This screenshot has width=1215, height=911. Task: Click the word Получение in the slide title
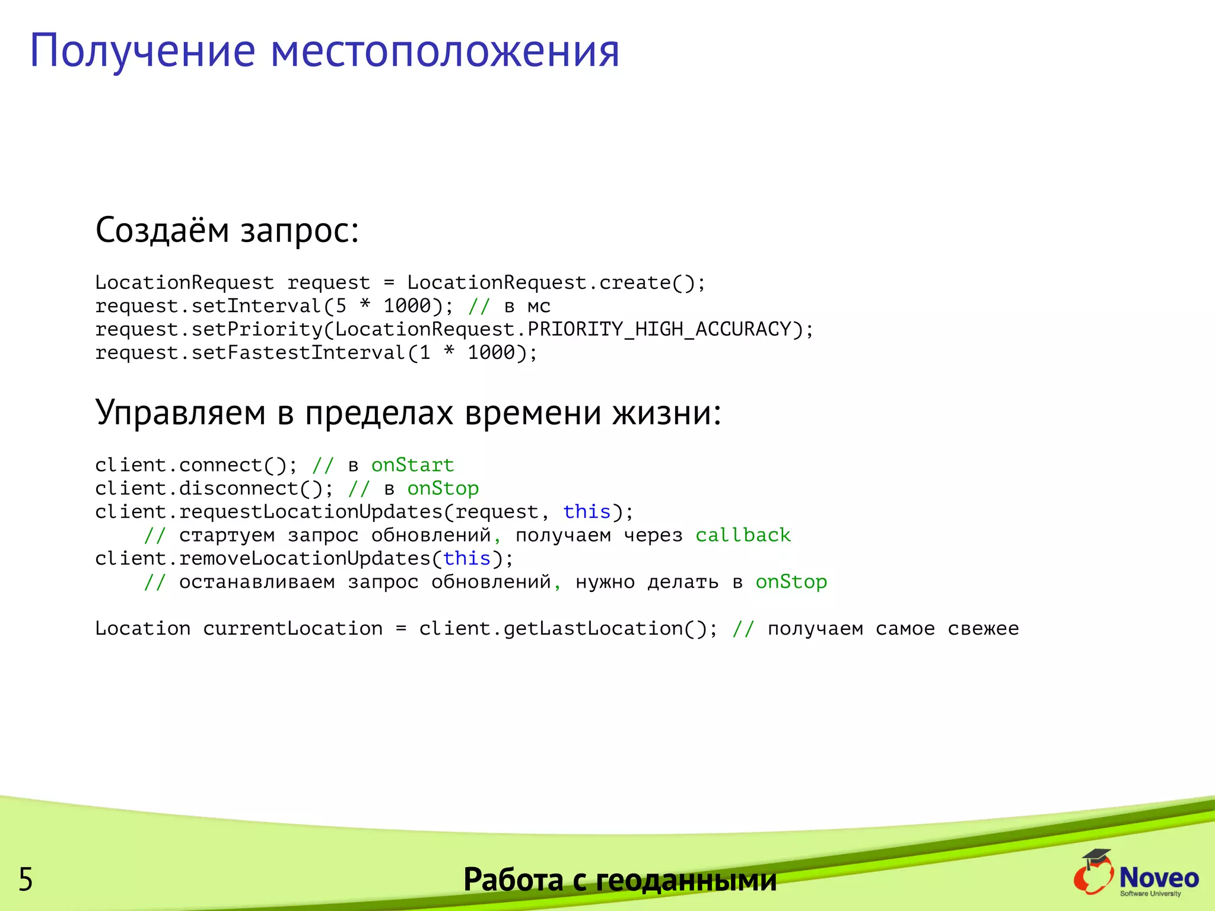point(142,51)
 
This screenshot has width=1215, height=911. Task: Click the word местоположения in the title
point(445,51)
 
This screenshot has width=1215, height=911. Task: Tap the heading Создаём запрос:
point(227,230)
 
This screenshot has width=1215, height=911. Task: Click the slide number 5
point(26,879)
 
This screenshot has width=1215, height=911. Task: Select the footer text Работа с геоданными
point(619,879)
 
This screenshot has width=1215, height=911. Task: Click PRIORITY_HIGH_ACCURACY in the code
point(660,329)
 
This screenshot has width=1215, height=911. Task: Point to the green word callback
point(743,535)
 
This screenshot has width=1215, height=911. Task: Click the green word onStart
point(413,465)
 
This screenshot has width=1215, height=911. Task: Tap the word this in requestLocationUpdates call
point(587,512)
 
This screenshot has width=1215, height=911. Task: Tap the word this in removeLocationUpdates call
point(467,559)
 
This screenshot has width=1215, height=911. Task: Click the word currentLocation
point(293,629)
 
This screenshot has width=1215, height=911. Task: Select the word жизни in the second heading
point(666,413)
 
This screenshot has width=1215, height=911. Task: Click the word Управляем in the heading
point(180,413)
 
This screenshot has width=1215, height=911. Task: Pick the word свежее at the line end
point(983,629)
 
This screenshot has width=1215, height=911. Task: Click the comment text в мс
point(527,307)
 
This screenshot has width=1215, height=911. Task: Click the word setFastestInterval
point(298,353)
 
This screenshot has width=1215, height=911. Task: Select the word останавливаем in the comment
point(257,582)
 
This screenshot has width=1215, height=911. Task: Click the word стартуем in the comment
point(227,536)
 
